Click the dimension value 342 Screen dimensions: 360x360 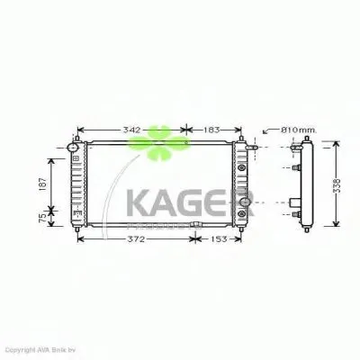pos(131,130)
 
